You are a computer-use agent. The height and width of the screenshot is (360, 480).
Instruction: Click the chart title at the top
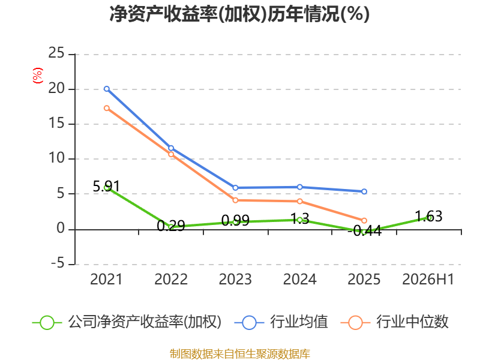[239, 14]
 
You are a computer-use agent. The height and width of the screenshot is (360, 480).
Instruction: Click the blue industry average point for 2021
[107, 89]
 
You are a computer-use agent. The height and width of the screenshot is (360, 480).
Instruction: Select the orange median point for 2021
[107, 108]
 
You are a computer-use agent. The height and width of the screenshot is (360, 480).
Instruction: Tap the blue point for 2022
[171, 148]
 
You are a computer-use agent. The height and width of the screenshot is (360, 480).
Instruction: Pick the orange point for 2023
[235, 200]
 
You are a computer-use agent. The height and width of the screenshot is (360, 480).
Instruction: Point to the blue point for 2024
[299, 187]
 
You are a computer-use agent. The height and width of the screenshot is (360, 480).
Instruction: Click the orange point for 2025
[364, 220]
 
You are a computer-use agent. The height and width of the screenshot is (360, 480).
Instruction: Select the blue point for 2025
[364, 191]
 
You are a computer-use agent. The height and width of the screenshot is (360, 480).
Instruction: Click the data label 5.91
[106, 186]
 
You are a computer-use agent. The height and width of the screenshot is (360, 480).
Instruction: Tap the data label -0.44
[365, 231]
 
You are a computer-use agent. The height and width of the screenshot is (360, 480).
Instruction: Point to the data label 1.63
[428, 216]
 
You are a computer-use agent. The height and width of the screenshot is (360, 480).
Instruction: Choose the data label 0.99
[235, 220]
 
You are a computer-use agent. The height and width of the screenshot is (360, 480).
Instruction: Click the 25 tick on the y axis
[56, 53]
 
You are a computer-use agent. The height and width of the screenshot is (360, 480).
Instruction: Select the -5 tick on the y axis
[58, 263]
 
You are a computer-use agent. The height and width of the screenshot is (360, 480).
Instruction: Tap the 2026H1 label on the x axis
[428, 279]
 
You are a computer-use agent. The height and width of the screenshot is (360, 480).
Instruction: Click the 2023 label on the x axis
[235, 279]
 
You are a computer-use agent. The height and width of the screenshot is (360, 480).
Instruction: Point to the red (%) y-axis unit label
[38, 76]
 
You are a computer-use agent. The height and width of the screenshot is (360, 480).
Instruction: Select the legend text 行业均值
[299, 322]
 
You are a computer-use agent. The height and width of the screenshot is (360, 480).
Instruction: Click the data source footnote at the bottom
[240, 354]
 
